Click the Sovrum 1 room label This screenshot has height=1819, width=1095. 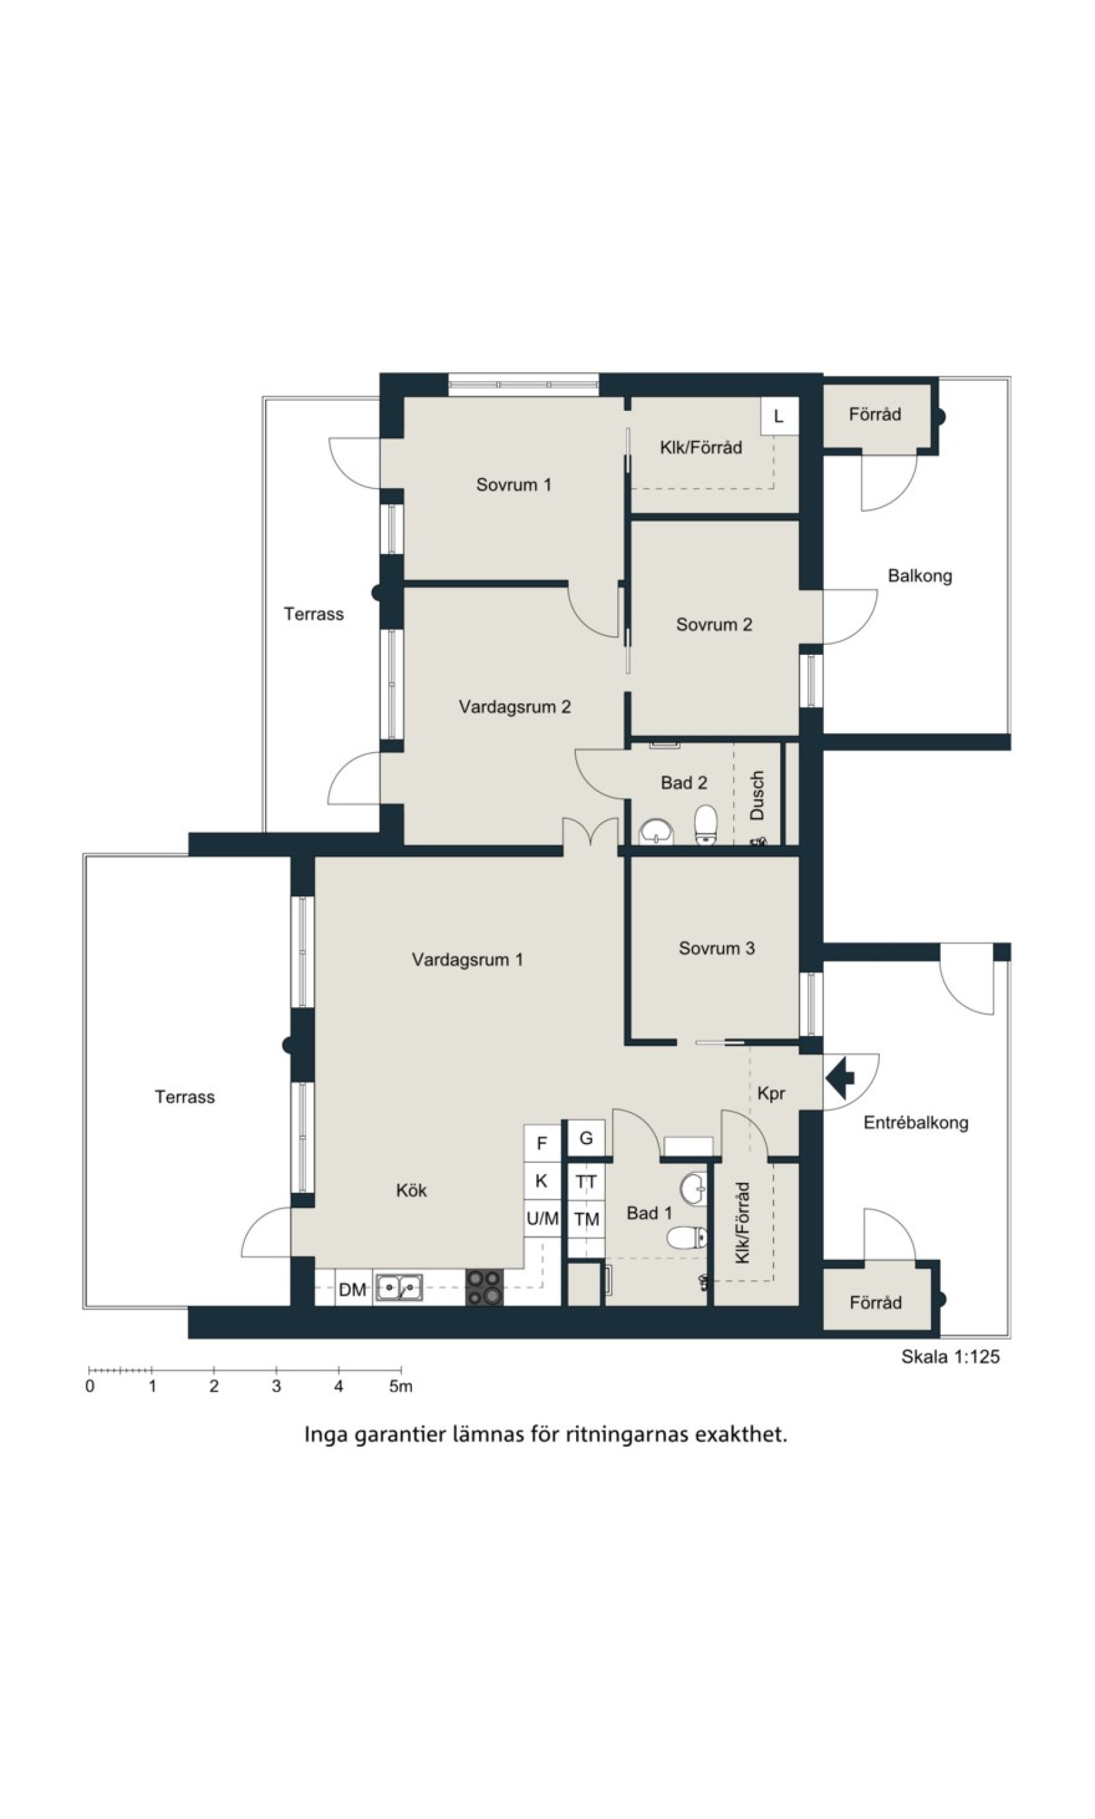tap(514, 485)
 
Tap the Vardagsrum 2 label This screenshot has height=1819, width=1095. tap(515, 707)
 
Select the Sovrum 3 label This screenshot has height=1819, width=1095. tap(716, 949)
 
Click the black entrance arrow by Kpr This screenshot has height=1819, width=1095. tap(840, 1078)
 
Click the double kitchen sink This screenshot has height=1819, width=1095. tap(399, 1288)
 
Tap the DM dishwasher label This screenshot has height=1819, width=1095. tap(353, 1290)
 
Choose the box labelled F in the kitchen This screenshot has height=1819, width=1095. tap(542, 1144)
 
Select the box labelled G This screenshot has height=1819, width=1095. tap(586, 1139)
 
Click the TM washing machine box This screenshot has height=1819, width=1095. tap(587, 1219)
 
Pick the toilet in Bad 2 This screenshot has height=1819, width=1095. tap(706, 825)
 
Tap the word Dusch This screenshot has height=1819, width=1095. tap(757, 796)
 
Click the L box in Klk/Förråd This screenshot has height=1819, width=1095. tap(779, 416)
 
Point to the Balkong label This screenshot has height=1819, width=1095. tap(920, 576)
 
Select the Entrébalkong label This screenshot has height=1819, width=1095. tap(916, 1123)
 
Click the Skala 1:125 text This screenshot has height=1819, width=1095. tap(950, 1357)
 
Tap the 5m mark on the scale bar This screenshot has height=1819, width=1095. tap(401, 1386)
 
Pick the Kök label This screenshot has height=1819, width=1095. tap(411, 1190)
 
